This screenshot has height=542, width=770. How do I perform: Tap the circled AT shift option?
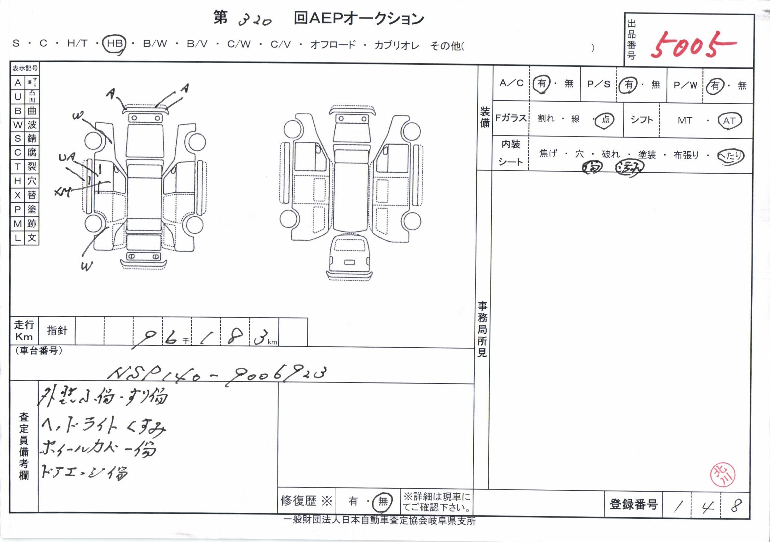coord(729,121)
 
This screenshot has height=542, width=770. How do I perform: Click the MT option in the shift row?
coord(684,121)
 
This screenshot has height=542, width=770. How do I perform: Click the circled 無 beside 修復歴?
coord(383,502)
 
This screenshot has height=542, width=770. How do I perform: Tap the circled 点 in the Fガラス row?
coord(605,120)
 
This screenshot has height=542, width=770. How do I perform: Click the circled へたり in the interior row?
coord(730,156)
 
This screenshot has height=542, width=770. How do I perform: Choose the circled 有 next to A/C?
coord(542,84)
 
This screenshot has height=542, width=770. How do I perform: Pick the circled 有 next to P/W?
coord(715,86)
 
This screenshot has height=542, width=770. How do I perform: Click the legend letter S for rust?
coord(17,138)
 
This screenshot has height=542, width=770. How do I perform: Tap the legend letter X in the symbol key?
coord(17,195)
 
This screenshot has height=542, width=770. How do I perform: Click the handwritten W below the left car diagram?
coord(87,267)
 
